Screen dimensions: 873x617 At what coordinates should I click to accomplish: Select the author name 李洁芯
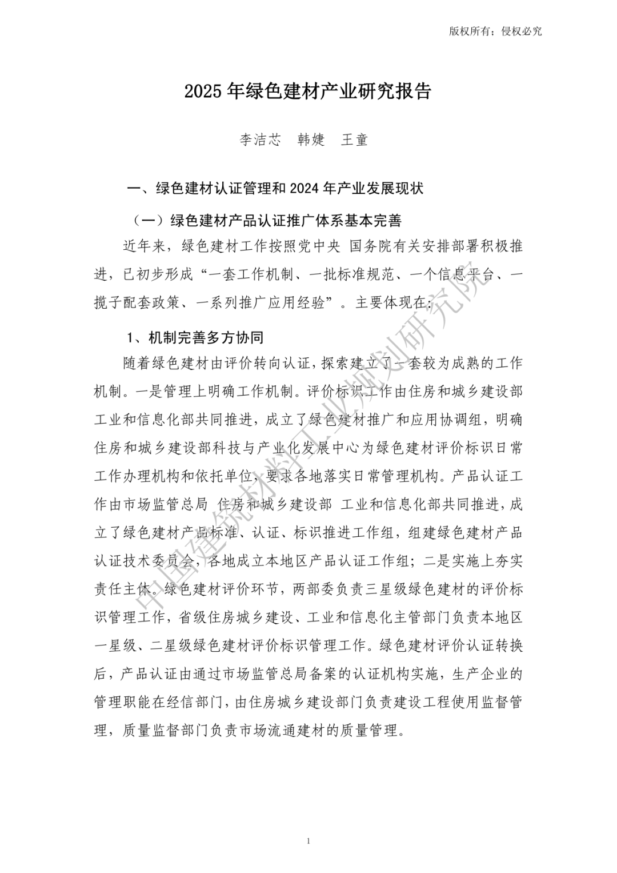(x=261, y=140)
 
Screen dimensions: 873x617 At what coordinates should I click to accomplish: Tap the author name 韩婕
(x=311, y=140)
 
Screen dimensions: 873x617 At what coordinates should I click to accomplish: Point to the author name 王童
(x=355, y=140)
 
